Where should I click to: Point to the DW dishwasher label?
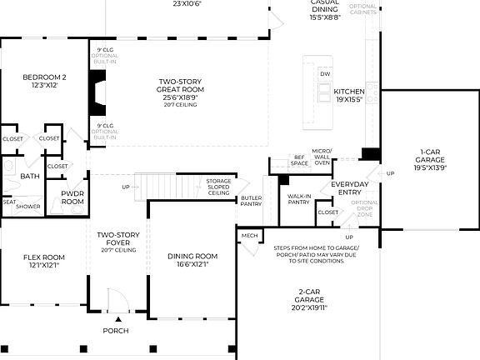click(x=325, y=74)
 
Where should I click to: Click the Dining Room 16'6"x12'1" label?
click(x=192, y=261)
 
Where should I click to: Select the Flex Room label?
click(x=43, y=261)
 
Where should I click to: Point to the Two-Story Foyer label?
click(x=117, y=242)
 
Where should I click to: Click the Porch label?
click(x=115, y=331)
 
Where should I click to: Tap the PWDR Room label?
click(x=72, y=197)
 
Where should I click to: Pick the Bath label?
click(x=30, y=176)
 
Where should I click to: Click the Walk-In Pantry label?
click(x=298, y=201)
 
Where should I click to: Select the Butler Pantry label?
click(x=252, y=201)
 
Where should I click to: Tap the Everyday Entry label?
click(x=349, y=187)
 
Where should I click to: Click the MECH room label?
click(x=249, y=236)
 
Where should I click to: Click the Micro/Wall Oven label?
click(x=322, y=157)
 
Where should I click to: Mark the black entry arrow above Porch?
click(x=117, y=318)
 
